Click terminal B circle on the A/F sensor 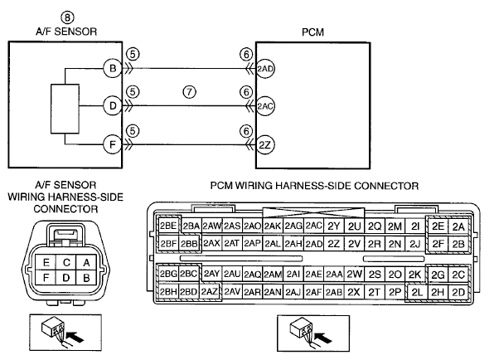click(x=113, y=68)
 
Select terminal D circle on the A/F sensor click(x=113, y=106)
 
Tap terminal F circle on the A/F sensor click(x=113, y=144)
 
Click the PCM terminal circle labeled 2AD click(x=265, y=69)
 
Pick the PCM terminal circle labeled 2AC click(x=265, y=106)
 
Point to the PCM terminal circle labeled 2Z click(x=265, y=145)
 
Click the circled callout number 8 click(x=67, y=17)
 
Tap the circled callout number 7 click(x=189, y=92)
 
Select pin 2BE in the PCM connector click(x=168, y=226)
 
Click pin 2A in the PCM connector click(x=458, y=226)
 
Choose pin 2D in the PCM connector click(x=458, y=292)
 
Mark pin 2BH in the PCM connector click(x=168, y=292)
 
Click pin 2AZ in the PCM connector click(x=209, y=292)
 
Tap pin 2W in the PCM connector click(x=354, y=274)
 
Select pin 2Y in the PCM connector click(x=334, y=226)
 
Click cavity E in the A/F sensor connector click(x=46, y=263)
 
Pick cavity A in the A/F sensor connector click(x=86, y=263)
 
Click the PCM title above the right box click(x=312, y=32)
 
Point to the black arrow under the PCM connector click(x=323, y=338)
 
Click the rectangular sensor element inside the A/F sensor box click(x=65, y=109)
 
